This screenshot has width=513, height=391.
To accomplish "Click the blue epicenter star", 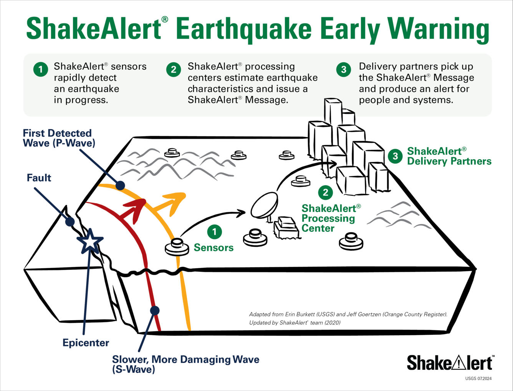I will click(90, 242).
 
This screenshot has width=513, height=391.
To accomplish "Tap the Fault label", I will click(39, 178).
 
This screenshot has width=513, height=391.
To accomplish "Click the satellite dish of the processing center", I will click(264, 205).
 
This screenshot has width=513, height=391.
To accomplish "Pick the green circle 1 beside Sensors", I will click(214, 232).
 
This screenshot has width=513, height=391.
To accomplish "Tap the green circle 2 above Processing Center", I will click(326, 192).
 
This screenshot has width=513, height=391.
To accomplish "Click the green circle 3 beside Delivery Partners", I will click(395, 156).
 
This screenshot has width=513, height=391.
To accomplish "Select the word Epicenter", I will click(86, 343).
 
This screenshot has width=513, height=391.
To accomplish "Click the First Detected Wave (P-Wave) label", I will click(59, 138).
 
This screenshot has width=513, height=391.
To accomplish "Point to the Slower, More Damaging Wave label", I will click(185, 364).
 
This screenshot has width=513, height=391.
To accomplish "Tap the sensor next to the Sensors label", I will click(177, 247).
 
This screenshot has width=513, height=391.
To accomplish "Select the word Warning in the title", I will click(438, 30).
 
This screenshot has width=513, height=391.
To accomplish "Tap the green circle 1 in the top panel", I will click(41, 70).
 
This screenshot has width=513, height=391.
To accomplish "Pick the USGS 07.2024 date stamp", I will click(478, 379).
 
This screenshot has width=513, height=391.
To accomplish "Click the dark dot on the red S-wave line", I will click(155, 310).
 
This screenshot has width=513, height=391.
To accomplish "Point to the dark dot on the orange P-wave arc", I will click(120, 185).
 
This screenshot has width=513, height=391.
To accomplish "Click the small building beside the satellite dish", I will click(286, 228).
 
